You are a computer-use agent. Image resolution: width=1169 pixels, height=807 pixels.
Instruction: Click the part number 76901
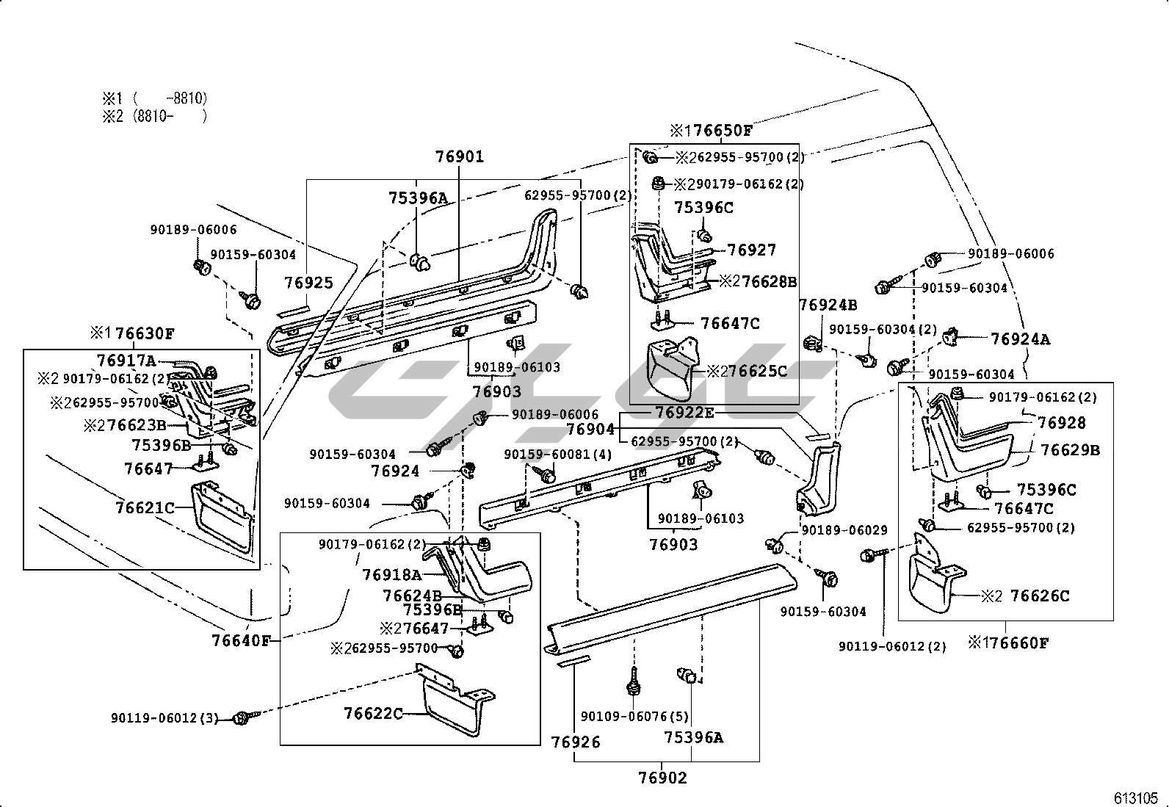click(x=460, y=156)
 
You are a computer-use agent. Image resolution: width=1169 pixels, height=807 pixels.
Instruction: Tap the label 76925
click(x=308, y=283)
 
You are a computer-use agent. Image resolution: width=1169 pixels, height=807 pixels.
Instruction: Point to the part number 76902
click(x=662, y=778)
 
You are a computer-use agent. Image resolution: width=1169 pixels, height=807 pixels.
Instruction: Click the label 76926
click(x=576, y=742)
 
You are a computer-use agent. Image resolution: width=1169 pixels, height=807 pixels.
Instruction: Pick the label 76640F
click(x=241, y=640)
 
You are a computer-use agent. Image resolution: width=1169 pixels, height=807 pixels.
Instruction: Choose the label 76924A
click(x=1020, y=339)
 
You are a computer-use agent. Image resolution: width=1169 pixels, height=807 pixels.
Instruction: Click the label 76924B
click(x=828, y=305)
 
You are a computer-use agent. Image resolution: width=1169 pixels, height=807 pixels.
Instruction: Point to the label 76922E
click(x=684, y=413)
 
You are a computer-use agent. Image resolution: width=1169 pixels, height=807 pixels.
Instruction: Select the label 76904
click(x=590, y=428)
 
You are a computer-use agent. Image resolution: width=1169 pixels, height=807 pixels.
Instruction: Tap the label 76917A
click(x=126, y=361)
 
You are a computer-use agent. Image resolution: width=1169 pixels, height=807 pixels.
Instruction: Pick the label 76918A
click(x=391, y=575)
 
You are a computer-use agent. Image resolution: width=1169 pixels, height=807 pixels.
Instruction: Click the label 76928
click(x=1062, y=423)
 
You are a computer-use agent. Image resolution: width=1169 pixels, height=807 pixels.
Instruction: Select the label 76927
click(x=751, y=250)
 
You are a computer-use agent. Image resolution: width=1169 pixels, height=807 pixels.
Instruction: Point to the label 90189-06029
click(x=844, y=529)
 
